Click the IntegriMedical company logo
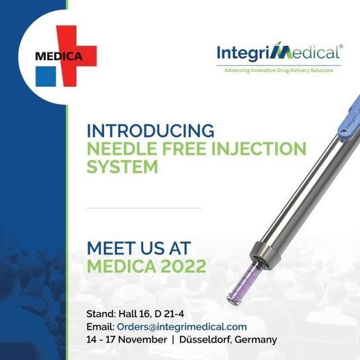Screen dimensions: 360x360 point(278,53)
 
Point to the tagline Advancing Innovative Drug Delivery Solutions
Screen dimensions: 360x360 point(279,70)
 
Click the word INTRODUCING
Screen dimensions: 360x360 point(151,130)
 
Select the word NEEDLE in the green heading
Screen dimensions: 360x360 point(120,148)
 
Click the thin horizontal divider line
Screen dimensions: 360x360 point(144,207)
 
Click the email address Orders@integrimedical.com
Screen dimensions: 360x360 point(181,326)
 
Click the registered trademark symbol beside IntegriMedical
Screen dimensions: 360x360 point(340,47)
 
